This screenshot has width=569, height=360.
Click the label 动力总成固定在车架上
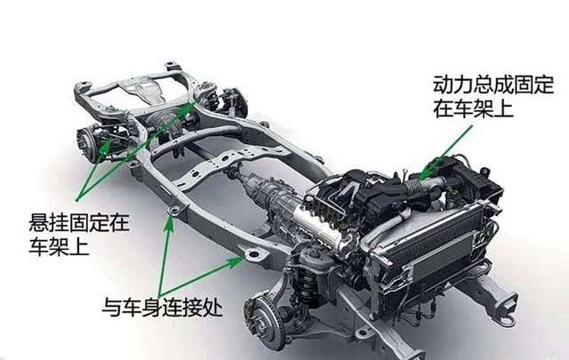coord(493,97)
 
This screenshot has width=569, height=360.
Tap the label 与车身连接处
coord(162,308)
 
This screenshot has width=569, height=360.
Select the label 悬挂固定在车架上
coord(79,235)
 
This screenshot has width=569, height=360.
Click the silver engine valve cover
coord(320,226)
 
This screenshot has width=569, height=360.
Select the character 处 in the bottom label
coord(212,308)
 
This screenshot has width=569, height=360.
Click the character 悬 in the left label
coord(39,223)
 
